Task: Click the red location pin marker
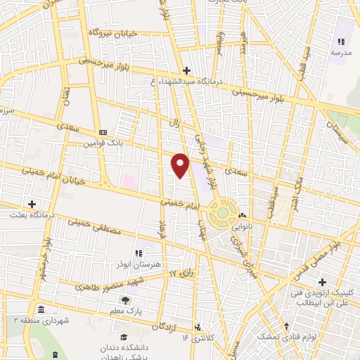click(181, 165)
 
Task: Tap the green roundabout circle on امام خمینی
click(223, 210)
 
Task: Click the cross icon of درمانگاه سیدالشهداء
click(186, 70)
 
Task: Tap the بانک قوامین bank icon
click(103, 132)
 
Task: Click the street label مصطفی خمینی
click(88, 224)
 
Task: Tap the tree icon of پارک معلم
click(125, 300)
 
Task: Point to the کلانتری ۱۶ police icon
click(198, 327)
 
